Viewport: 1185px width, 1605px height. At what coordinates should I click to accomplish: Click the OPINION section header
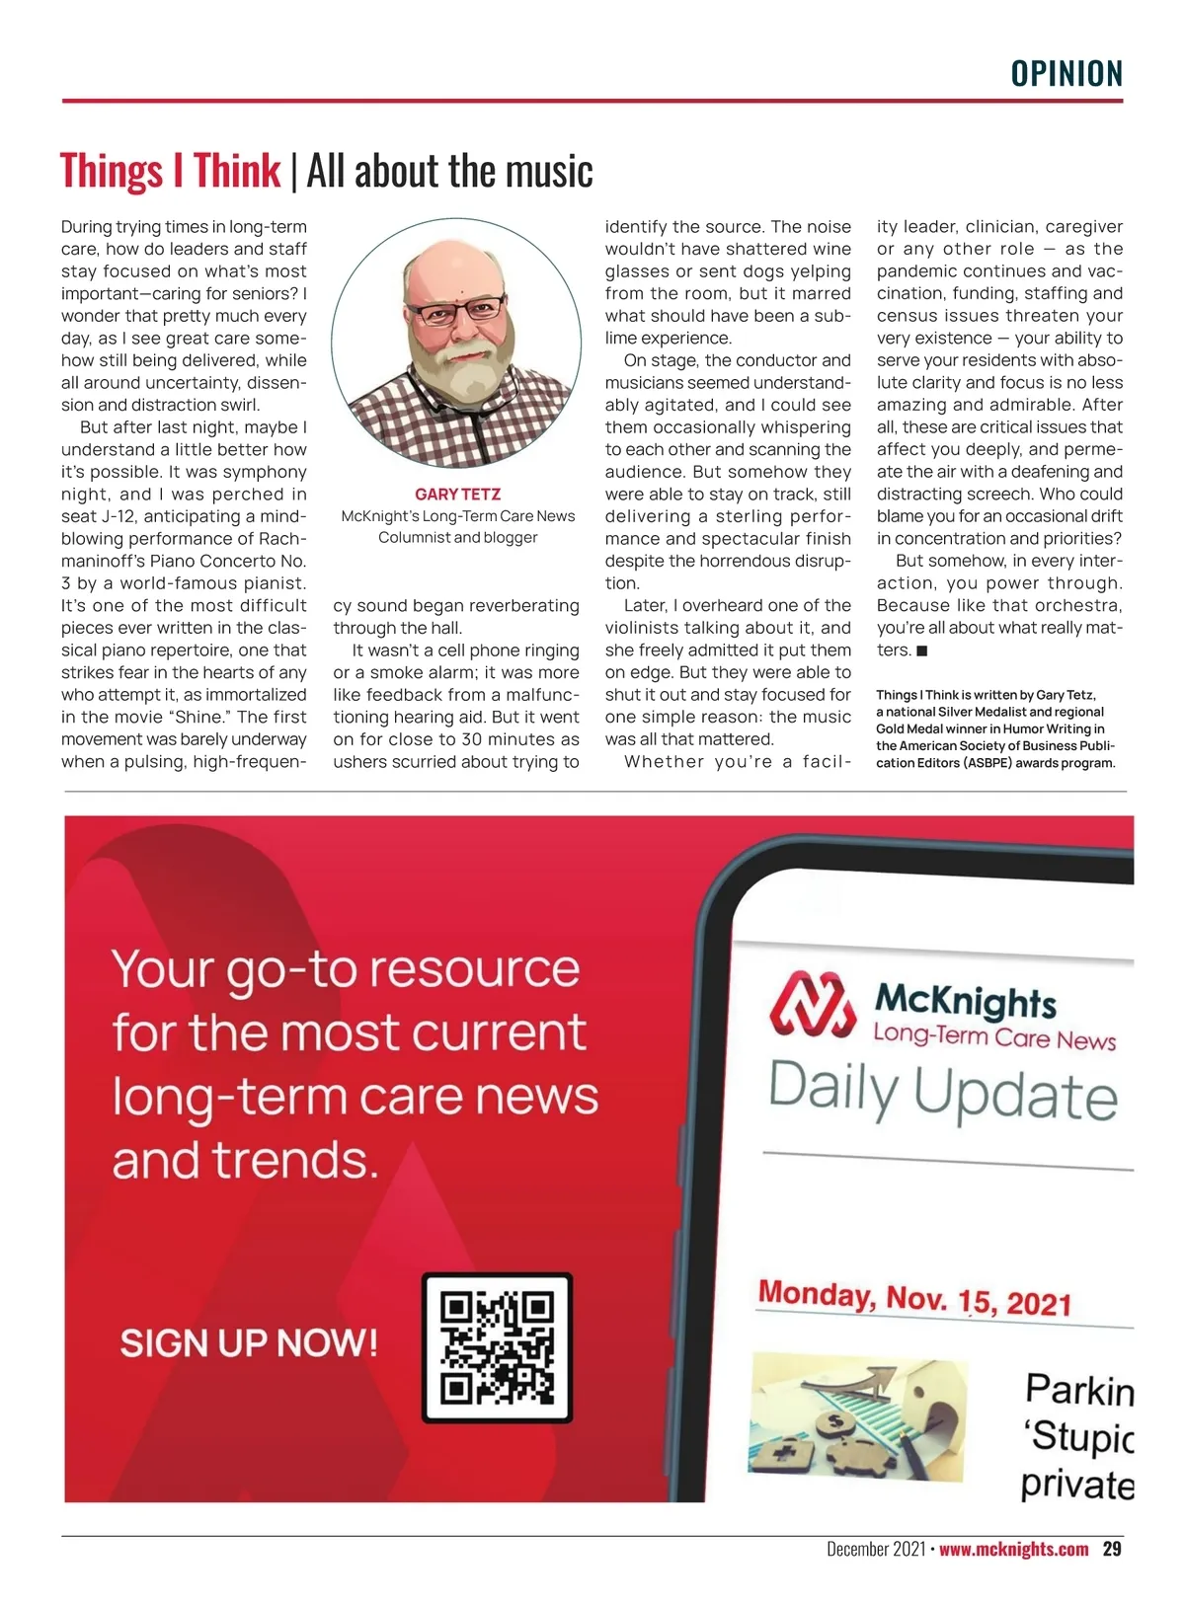[1066, 74]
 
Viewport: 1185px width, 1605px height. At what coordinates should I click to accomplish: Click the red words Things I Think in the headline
[170, 171]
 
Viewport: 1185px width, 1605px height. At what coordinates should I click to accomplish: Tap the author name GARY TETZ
[457, 494]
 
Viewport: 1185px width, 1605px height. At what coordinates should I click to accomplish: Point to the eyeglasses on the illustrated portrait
[457, 311]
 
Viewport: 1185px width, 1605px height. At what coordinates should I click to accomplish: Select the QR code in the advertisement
[497, 1347]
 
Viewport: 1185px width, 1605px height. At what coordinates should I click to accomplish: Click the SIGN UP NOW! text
[249, 1342]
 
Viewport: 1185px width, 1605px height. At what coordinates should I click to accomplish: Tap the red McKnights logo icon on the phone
[812, 1006]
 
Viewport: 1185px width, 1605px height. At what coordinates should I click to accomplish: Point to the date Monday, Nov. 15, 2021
[914, 1298]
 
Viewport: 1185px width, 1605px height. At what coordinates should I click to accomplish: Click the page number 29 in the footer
[1112, 1549]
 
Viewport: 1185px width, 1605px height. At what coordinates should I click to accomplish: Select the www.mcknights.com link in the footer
[1013, 1549]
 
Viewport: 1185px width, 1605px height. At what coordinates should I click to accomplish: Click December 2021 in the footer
[875, 1549]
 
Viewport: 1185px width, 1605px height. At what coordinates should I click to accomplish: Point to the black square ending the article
[921, 650]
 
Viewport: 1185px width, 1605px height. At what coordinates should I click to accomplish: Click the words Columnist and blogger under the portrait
[457, 538]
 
